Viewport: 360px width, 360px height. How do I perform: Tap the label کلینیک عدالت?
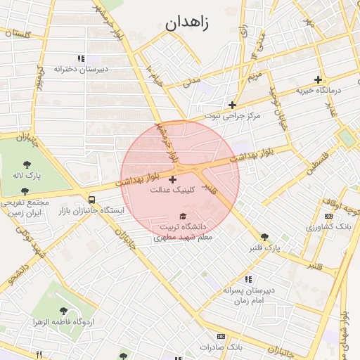click(173, 190)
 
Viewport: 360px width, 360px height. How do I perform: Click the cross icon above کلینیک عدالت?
click(173, 180)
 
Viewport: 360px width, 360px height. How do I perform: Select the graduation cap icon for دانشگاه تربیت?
click(184, 217)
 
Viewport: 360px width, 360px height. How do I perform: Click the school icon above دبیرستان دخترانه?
click(81, 59)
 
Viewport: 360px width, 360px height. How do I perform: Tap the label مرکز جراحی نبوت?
click(233, 115)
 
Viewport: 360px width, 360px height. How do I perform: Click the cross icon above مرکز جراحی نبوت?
click(233, 105)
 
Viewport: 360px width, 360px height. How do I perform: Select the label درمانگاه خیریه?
click(318, 90)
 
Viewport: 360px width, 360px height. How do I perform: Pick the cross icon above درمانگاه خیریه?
click(318, 79)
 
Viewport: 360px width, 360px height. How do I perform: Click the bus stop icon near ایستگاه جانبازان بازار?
click(91, 199)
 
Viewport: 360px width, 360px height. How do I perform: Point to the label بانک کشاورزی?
click(329, 227)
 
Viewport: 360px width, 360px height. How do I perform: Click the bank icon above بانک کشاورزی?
click(329, 217)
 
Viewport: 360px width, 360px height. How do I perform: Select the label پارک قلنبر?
click(264, 248)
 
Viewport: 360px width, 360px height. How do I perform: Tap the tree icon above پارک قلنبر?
click(264, 238)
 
